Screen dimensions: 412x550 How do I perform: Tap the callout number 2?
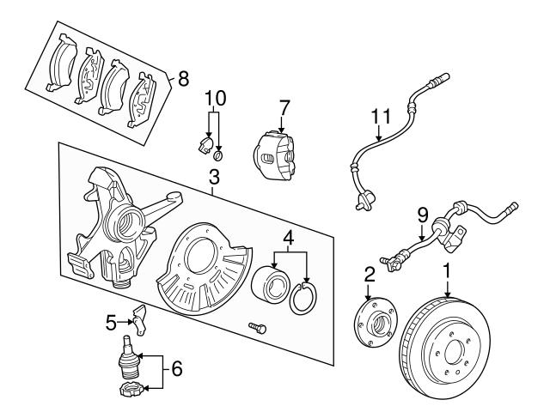click(369, 275)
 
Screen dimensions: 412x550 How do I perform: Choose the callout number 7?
click(284, 107)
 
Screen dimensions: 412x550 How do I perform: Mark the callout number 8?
click(183, 78)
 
